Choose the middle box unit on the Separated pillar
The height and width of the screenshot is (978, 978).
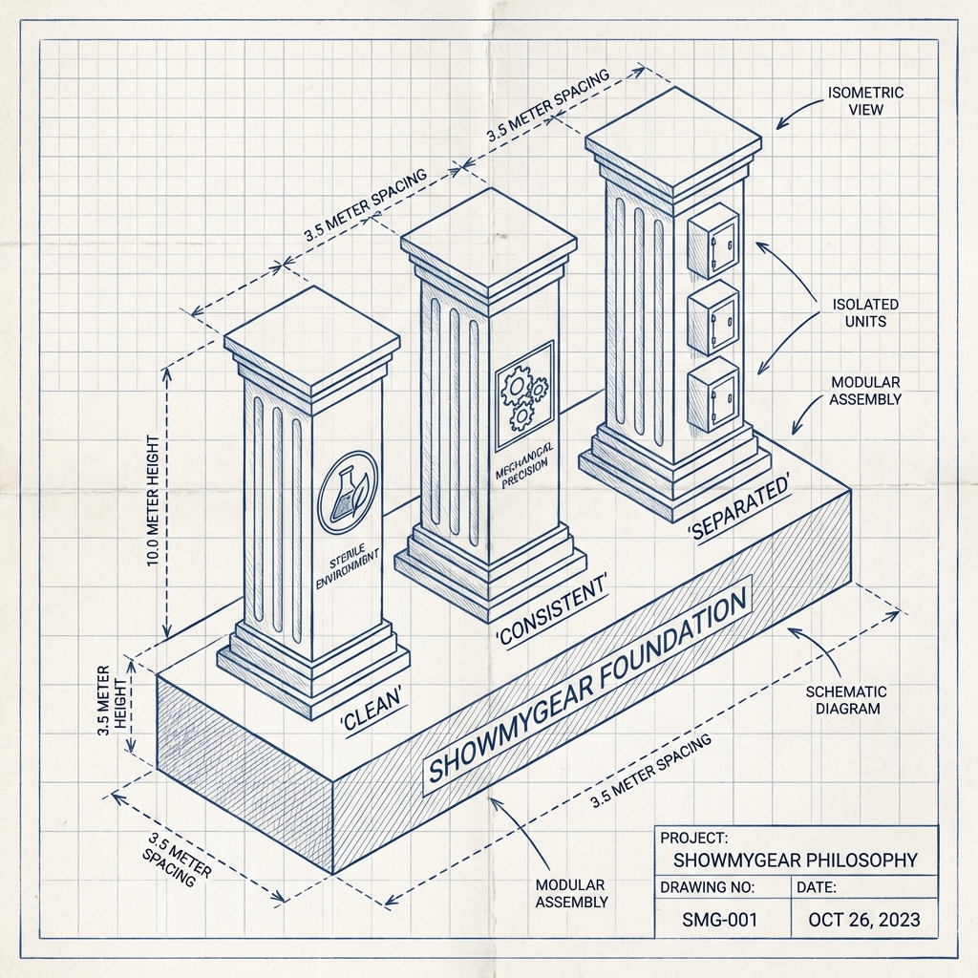pos(712,318)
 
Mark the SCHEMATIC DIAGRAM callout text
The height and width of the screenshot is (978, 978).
pos(846,699)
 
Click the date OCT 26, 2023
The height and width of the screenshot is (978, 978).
pos(863,920)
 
